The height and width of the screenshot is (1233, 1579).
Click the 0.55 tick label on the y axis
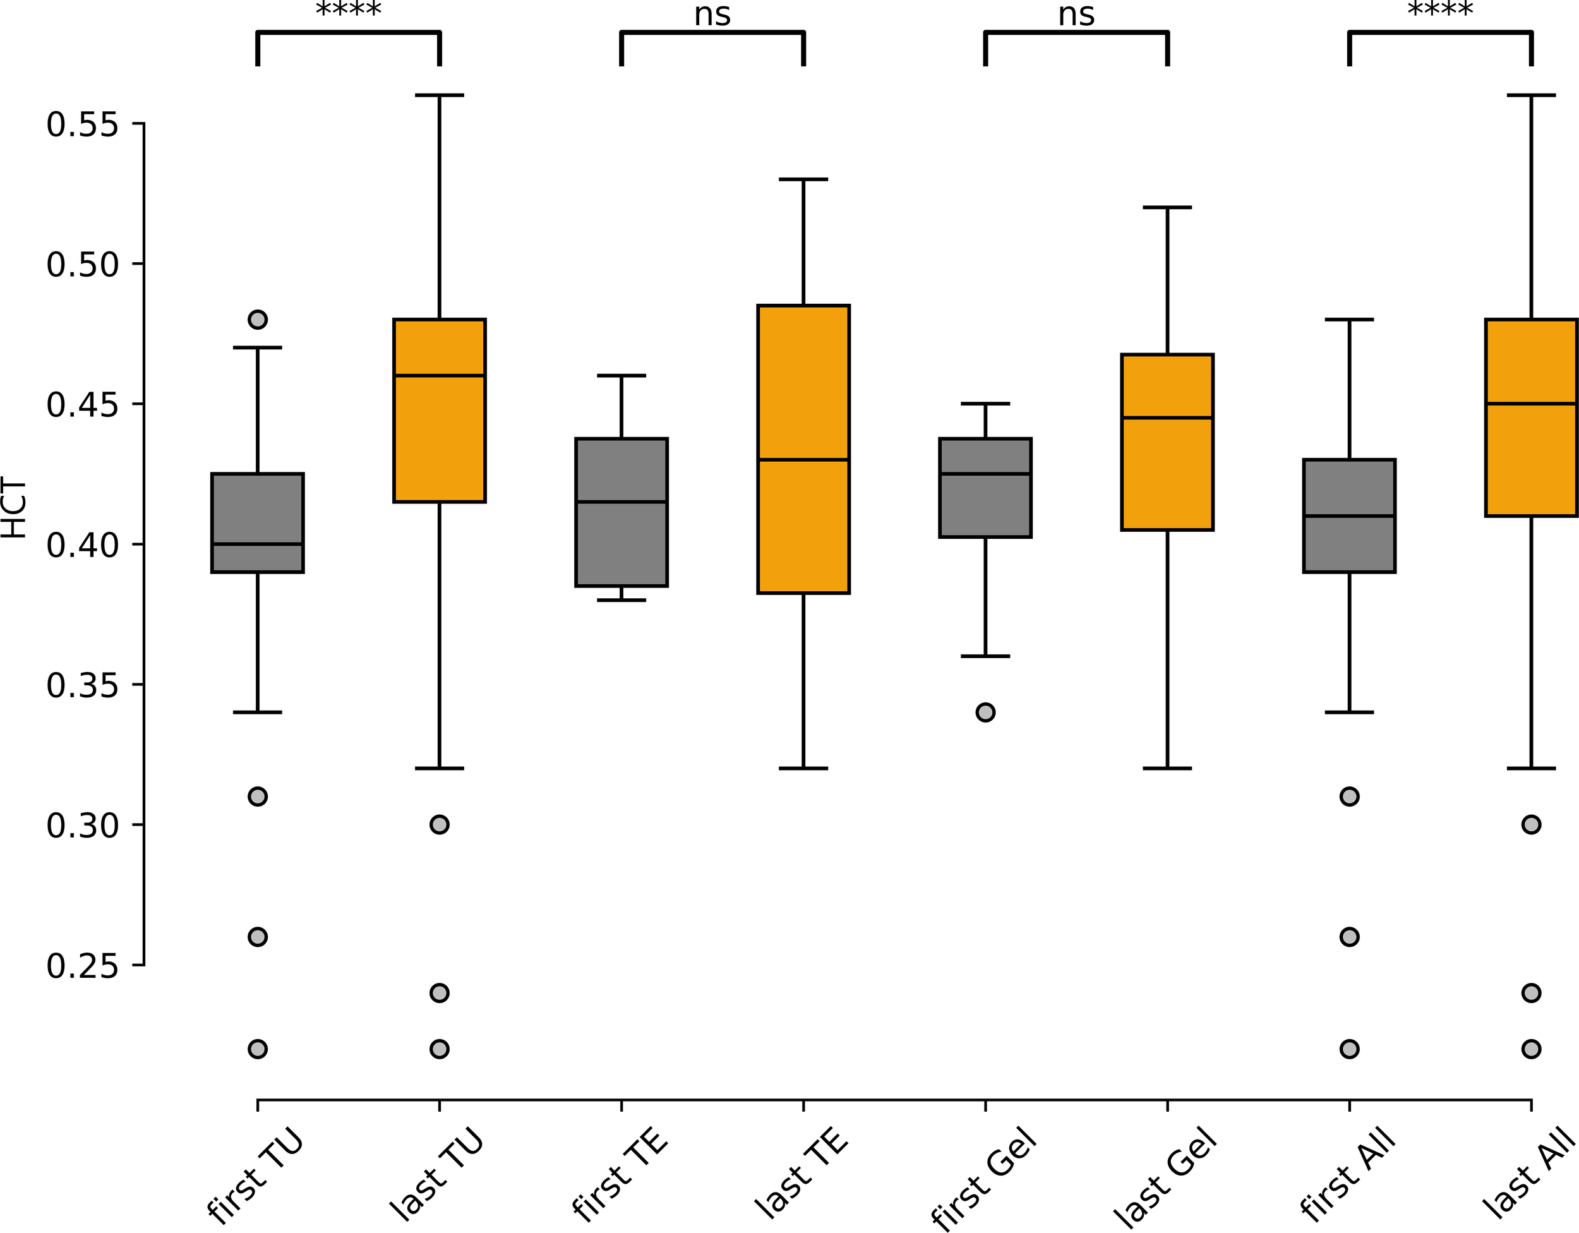(81, 124)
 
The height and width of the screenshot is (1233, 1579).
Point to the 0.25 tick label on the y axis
(81, 965)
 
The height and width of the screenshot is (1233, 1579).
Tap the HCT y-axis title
(15, 508)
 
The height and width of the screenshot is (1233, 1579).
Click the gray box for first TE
(621, 512)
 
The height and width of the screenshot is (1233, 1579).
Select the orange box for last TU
(439, 410)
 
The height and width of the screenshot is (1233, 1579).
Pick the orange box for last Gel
(1167, 442)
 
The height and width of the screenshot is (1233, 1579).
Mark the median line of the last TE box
(803, 459)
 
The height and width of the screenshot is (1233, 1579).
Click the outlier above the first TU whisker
(258, 319)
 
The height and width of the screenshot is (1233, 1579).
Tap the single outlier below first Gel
(985, 713)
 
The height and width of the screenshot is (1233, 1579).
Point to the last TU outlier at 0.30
(440, 824)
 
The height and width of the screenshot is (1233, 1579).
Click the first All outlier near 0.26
(1349, 937)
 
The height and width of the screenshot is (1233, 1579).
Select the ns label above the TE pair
(712, 15)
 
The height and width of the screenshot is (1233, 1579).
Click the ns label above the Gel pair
(1076, 15)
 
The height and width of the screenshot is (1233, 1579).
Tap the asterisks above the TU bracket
(349, 10)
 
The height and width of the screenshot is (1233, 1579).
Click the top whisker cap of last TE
(803, 179)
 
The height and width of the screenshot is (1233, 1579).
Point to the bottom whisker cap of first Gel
(985, 656)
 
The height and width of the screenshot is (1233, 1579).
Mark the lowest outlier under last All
(1531, 1049)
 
